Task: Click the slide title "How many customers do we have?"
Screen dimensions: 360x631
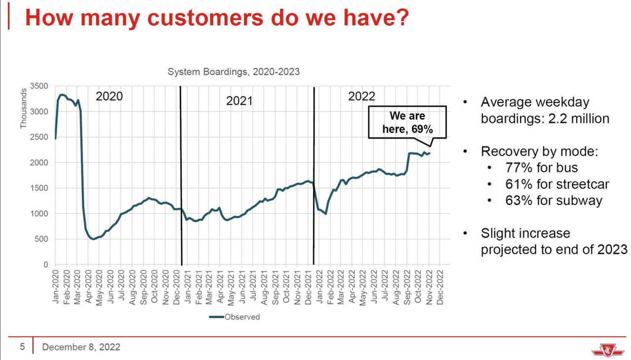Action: click(217, 18)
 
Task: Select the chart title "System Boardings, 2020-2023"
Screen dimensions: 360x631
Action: click(234, 72)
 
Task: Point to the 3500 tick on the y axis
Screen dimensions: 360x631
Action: click(39, 86)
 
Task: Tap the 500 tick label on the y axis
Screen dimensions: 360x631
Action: click(41, 239)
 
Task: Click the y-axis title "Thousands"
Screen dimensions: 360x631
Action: click(24, 109)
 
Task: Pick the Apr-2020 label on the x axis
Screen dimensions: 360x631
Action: click(88, 287)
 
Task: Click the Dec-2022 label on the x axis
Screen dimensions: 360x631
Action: click(440, 287)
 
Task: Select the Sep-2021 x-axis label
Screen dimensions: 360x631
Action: click(275, 287)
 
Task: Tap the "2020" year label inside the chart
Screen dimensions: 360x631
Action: click(109, 96)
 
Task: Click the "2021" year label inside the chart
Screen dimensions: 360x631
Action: click(239, 101)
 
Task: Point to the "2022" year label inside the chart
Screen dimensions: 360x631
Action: click(362, 96)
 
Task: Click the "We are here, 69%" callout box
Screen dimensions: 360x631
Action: click(407, 123)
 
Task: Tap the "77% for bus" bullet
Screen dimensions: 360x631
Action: click(541, 168)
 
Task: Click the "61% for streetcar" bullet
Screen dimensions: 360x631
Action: click(557, 184)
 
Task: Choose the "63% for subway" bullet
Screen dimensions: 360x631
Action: click(554, 201)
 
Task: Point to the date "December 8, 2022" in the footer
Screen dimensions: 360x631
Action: click(81, 347)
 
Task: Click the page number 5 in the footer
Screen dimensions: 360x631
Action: click(22, 347)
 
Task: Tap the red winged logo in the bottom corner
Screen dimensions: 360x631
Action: click(607, 350)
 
